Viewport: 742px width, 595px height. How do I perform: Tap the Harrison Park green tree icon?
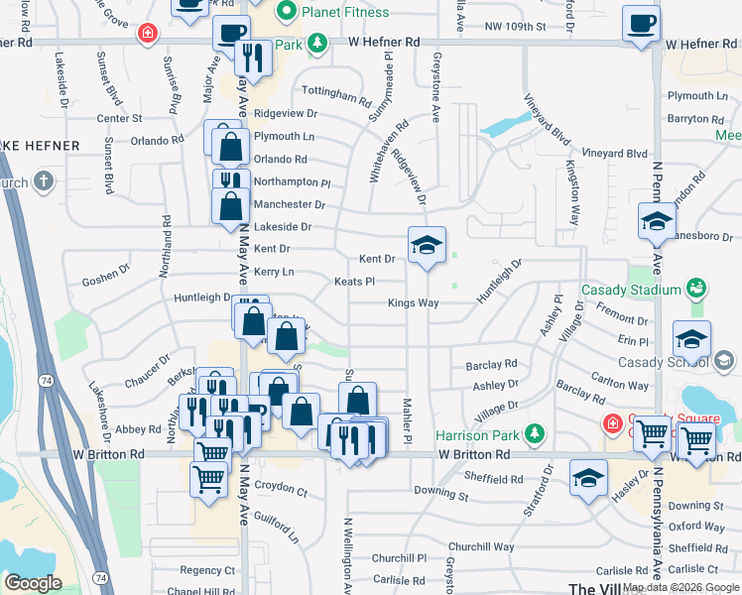click(535, 432)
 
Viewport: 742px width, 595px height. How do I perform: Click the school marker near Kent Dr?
click(428, 246)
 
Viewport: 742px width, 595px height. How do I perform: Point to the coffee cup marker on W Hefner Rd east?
click(641, 23)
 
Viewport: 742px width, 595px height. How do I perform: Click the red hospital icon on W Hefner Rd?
click(148, 33)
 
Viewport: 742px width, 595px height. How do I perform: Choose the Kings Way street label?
click(413, 302)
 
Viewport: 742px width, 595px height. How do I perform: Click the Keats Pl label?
click(354, 282)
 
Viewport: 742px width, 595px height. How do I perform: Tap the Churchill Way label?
click(481, 546)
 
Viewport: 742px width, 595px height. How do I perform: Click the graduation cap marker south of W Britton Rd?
click(588, 477)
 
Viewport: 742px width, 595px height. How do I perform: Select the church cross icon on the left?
click(42, 181)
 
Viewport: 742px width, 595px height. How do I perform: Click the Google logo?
click(33, 582)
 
